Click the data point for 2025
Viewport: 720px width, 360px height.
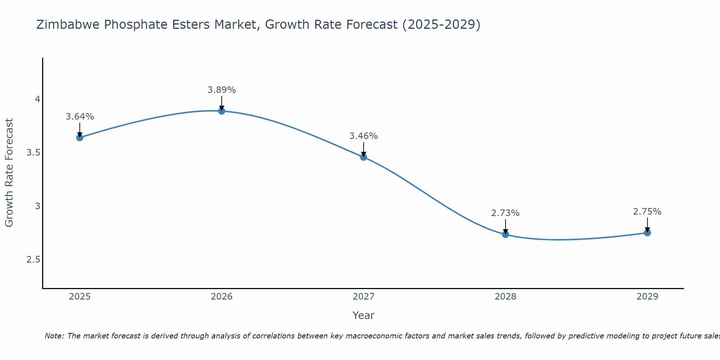pos(80,138)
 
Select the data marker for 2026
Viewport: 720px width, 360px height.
pos(222,111)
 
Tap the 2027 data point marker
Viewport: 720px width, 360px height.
pos(364,157)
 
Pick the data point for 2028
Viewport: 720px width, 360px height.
pos(505,235)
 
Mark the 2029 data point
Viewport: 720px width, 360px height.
pos(647,233)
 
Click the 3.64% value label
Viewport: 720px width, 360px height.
pos(80,117)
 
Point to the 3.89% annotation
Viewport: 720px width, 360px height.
pos(222,90)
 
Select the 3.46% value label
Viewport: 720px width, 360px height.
pos(364,136)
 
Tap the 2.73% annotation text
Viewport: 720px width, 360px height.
pos(505,213)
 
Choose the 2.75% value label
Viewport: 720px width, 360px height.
pos(647,212)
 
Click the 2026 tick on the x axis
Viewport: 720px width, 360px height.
pos(222,297)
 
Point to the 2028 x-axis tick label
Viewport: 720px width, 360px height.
pos(505,297)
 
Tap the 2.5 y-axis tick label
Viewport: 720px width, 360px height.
pos(33,260)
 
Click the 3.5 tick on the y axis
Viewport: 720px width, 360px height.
pos(33,153)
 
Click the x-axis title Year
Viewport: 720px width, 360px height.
pos(364,315)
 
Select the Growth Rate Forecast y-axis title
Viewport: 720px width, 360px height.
pos(9,173)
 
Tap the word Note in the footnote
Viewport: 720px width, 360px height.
pos(54,336)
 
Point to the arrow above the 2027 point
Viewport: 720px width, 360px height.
pos(364,149)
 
